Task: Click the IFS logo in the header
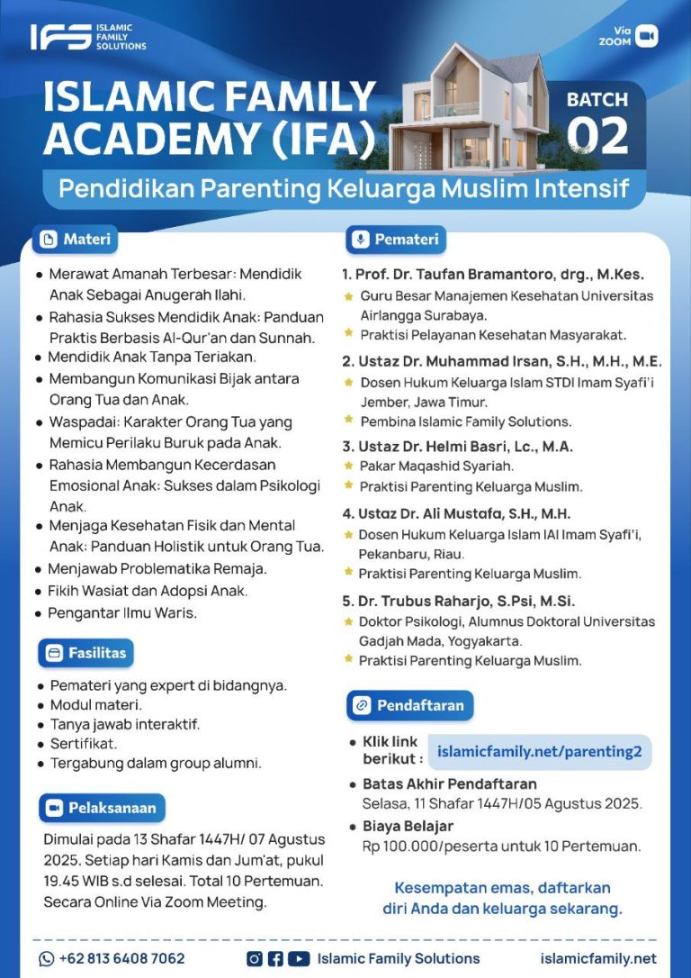60,37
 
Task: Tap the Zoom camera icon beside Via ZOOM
647,36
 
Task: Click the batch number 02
597,136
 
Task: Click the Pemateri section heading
396,240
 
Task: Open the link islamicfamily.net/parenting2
540,751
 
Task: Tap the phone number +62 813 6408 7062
121,958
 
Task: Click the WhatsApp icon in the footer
47,958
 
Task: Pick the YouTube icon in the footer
300,958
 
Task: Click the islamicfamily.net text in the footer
598,958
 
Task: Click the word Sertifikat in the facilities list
84,744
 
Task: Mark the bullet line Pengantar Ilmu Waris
122,613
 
